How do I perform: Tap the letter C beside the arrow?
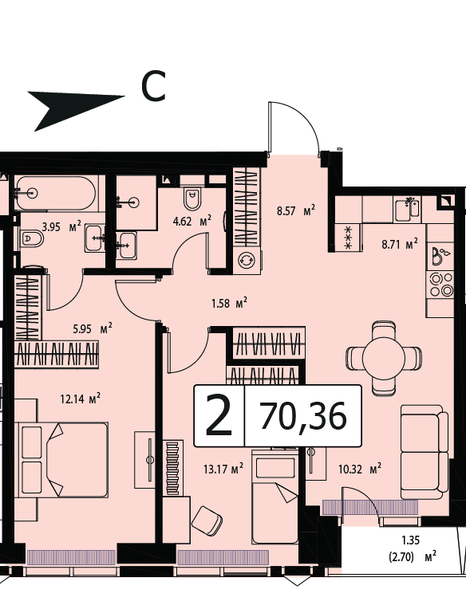tap(153, 86)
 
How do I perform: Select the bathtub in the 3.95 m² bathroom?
tap(55, 193)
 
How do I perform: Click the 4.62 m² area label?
tap(192, 222)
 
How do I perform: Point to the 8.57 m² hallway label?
tap(296, 211)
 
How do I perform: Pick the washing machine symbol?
tap(247, 260)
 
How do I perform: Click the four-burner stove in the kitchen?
tap(441, 285)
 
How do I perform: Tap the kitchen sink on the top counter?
tap(407, 209)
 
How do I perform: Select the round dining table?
tap(384, 358)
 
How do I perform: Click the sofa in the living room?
tap(425, 452)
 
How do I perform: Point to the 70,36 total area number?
tap(303, 416)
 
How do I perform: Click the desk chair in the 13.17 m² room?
tap(207, 520)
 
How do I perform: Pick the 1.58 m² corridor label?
tap(230, 303)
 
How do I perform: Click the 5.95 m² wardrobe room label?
tap(93, 328)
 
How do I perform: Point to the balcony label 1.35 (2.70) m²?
tap(412, 548)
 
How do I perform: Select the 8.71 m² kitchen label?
tap(400, 245)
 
